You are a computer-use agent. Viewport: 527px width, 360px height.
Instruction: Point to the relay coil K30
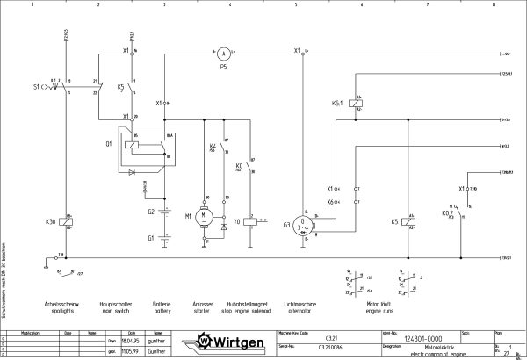coord(67,223)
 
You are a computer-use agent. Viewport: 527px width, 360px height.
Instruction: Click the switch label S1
coord(37,88)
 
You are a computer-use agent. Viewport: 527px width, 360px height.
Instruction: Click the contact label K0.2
coord(446,212)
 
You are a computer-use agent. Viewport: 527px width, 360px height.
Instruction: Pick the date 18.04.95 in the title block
coord(121,338)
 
